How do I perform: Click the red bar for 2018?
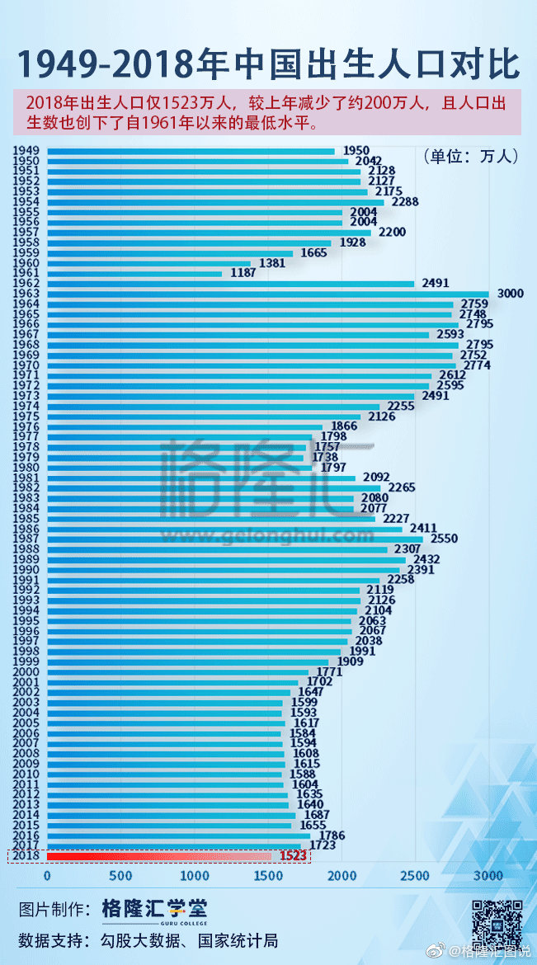[157, 856]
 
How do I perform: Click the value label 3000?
[510, 294]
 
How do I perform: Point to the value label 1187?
[242, 273]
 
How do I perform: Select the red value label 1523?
[292, 856]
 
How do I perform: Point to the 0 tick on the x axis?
[47, 875]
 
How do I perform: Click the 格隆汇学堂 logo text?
[154, 909]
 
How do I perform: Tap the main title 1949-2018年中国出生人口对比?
[268, 63]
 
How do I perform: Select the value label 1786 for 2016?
[331, 836]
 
